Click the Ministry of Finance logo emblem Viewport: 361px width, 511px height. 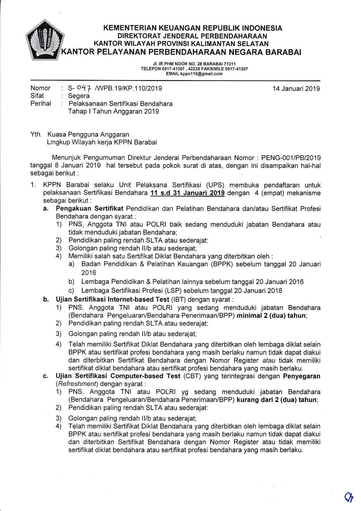(x=45, y=40)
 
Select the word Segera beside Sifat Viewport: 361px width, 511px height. (x=79, y=96)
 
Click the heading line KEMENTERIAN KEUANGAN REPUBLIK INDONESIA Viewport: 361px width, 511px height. (x=193, y=28)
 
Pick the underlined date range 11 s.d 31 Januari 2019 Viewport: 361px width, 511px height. (x=187, y=193)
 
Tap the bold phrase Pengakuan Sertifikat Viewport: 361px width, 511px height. (x=90, y=209)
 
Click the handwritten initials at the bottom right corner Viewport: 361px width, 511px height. (x=349, y=498)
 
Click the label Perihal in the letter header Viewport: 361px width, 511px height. (x=41, y=104)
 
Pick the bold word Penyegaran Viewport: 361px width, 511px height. (x=302, y=376)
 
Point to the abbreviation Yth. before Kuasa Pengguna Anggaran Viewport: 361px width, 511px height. (x=36, y=134)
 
